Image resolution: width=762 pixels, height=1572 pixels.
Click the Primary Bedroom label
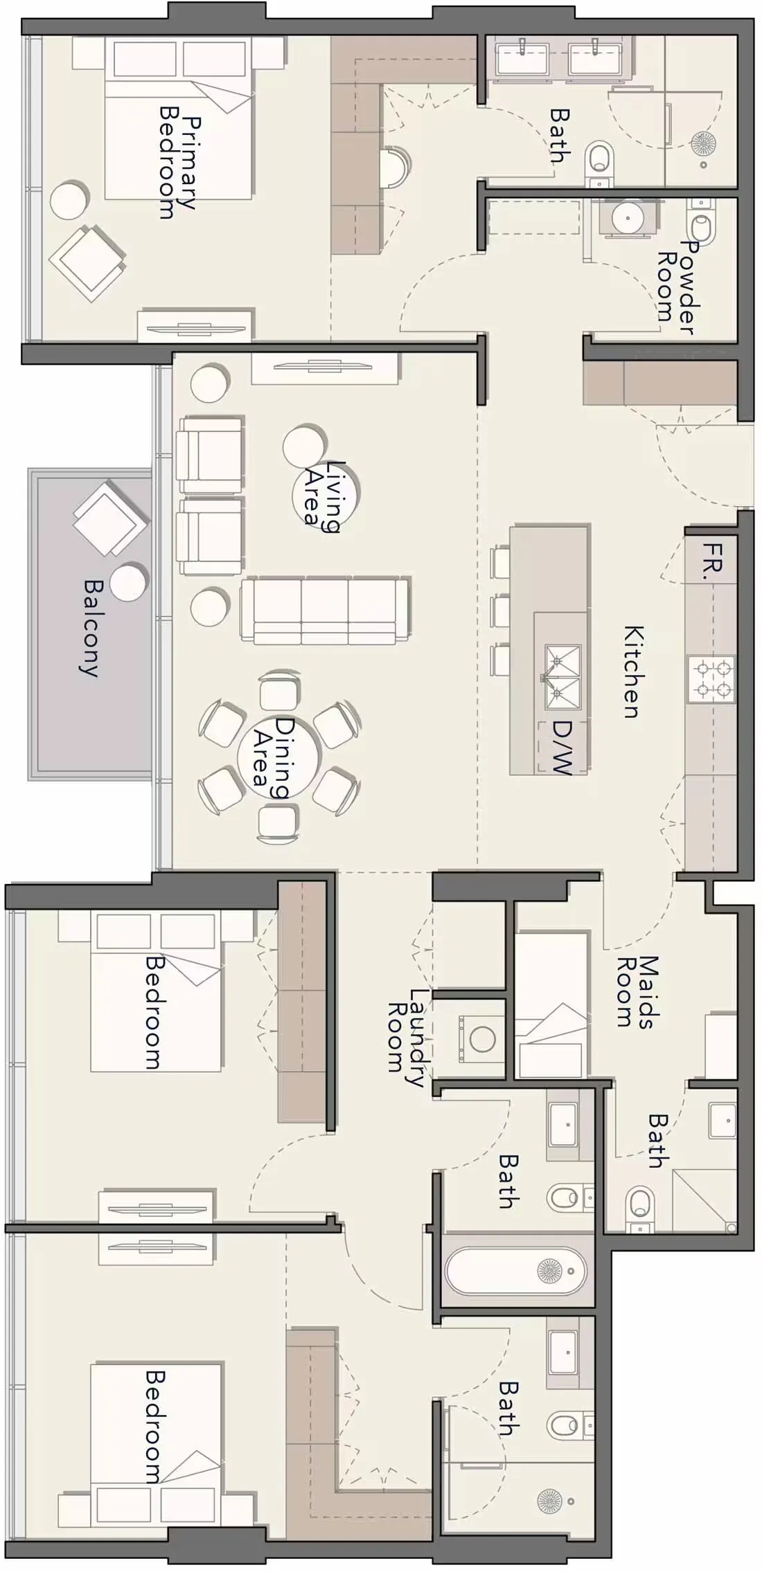178,163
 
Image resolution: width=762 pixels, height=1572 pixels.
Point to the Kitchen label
635,671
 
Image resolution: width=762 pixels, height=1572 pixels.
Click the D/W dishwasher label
562,748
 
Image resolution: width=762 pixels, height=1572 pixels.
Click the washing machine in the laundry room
481,1038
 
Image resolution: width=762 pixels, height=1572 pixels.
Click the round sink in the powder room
628,217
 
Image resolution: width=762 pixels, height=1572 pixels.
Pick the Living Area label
324,496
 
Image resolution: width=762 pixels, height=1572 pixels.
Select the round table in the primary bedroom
69,200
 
